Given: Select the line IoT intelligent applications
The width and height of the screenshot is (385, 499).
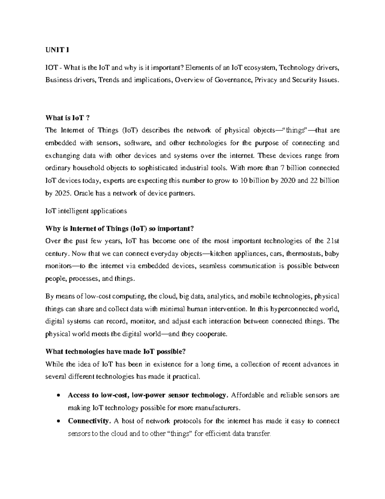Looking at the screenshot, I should (86, 211).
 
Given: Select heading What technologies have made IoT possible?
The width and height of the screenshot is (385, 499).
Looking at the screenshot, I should (116, 352).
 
